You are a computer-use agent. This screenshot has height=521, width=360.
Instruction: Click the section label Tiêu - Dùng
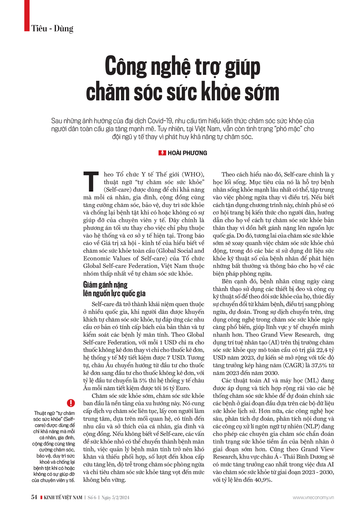tap(52, 28)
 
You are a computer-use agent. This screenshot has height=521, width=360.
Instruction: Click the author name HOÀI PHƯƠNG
tap(187, 153)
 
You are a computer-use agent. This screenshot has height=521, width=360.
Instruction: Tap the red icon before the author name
tap(162, 153)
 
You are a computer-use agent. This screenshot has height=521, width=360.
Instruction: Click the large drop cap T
tap(91, 182)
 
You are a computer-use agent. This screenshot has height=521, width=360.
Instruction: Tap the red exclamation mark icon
tap(71, 403)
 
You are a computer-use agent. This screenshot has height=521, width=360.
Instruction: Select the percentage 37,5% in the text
tap(317, 365)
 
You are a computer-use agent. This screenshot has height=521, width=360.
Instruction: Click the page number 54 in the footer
tap(34, 497)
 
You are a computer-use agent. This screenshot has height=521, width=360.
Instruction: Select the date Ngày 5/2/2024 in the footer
tap(115, 498)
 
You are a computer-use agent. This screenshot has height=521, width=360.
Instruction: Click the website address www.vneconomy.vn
tap(313, 498)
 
